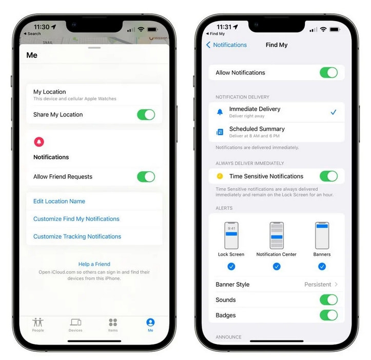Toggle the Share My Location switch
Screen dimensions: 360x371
click(146, 114)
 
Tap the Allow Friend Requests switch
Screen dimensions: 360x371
click(146, 176)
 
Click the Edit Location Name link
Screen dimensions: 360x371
click(59, 201)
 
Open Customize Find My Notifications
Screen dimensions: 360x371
click(76, 219)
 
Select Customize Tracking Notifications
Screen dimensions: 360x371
click(77, 236)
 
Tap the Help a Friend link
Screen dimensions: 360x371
click(94, 264)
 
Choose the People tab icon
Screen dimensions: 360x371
click(38, 323)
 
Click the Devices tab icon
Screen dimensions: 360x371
click(75, 323)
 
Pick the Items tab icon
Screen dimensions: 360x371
click(113, 323)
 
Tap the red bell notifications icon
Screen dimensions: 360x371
click(39, 142)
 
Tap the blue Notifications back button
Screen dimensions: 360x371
click(226, 45)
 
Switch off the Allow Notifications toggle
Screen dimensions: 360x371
click(328, 72)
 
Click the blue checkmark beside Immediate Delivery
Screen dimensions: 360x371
click(333, 112)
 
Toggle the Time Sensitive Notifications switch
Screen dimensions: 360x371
click(328, 176)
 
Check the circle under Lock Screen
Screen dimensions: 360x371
click(231, 266)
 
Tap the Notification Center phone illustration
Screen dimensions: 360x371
click(277, 235)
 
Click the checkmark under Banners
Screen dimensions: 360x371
click(322, 266)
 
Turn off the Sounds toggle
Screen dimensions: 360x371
click(328, 299)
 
